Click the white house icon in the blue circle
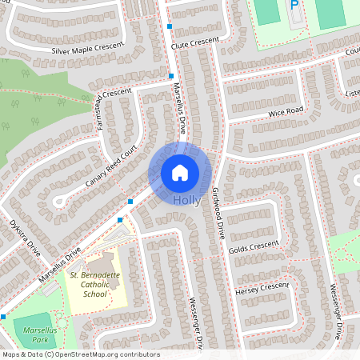(x=180, y=173)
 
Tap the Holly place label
(x=186, y=200)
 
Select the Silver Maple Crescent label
(x=88, y=49)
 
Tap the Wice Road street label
(x=286, y=110)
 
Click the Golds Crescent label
(x=254, y=244)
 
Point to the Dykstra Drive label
(x=23, y=237)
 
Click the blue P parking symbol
(x=294, y=6)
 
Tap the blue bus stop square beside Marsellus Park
(x=3, y=317)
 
